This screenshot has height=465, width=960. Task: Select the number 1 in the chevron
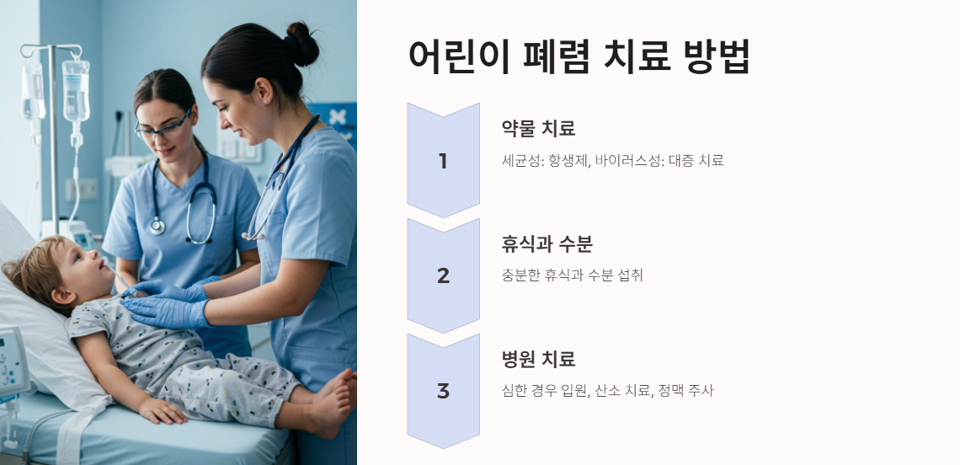443,161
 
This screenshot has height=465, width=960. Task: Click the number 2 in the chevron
443,275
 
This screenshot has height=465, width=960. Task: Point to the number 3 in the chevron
443,391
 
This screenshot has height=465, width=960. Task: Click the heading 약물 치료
538,129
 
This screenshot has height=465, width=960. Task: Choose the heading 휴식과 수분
547,244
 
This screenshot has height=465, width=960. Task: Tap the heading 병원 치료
538,360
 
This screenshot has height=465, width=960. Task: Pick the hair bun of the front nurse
301,44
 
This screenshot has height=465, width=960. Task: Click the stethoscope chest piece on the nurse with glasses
157,226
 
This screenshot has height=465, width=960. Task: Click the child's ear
61,297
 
